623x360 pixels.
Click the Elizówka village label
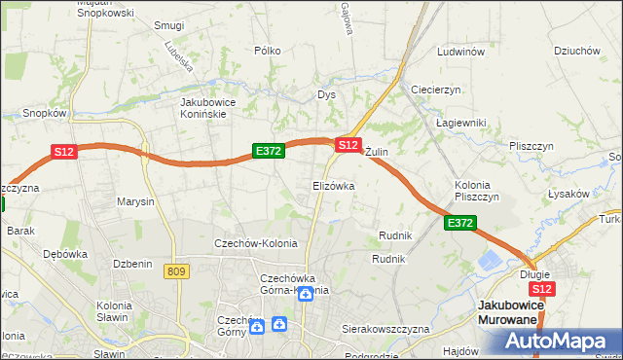[333, 185]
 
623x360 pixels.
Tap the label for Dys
[326, 95]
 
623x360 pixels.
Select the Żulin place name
[377, 153]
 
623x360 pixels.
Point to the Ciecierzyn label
[435, 90]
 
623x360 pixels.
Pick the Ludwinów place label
[461, 52]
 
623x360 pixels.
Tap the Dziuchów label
[575, 51]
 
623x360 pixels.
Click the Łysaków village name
[568, 194]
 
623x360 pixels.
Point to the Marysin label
[136, 202]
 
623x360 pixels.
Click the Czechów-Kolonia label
[256, 243]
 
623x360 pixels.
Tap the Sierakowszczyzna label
[385, 330]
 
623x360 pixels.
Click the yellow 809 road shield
[176, 271]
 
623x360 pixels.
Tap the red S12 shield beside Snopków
[64, 152]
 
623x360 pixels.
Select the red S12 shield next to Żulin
[348, 144]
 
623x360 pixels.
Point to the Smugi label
[169, 25]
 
